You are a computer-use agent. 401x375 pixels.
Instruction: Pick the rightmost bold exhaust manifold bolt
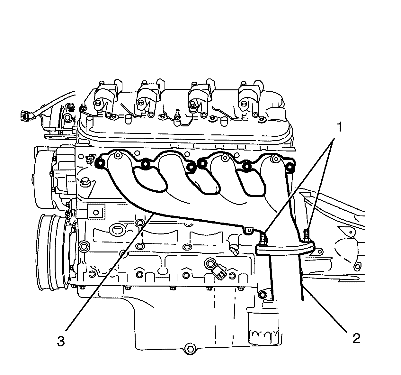tap(290, 167)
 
